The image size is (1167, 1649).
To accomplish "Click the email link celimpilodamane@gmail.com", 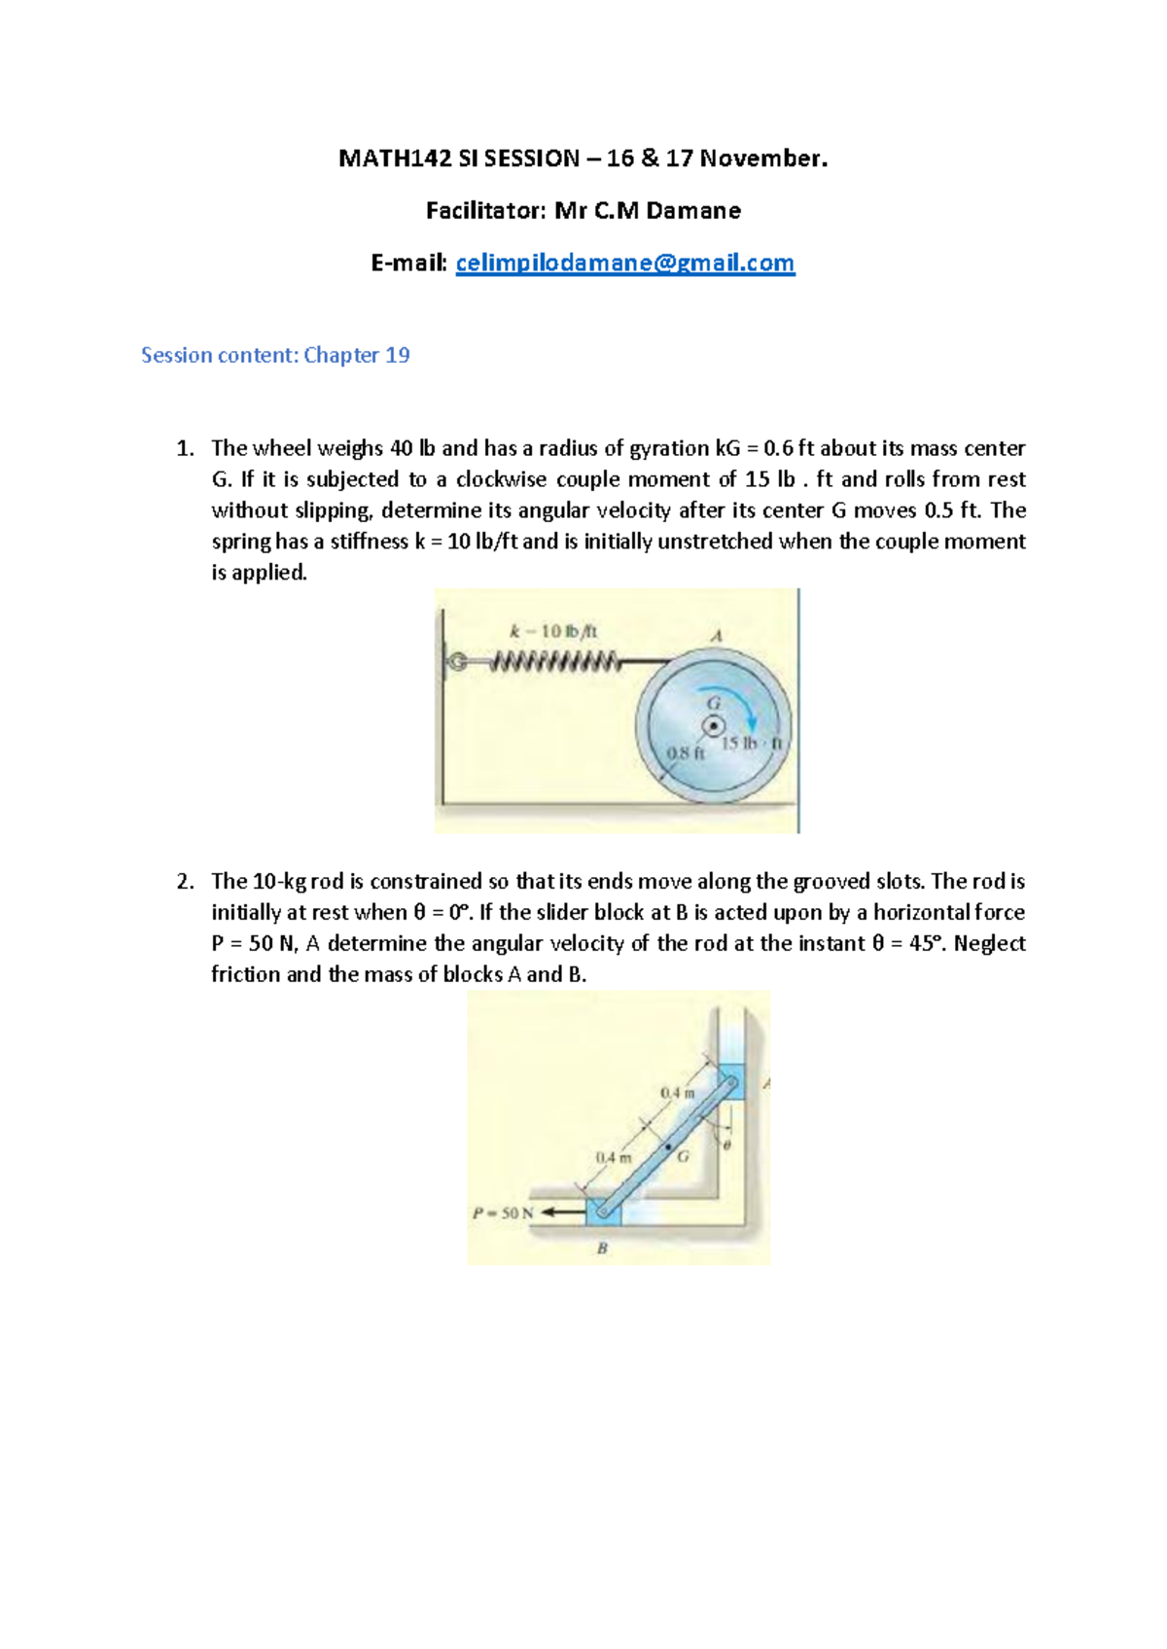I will tap(624, 263).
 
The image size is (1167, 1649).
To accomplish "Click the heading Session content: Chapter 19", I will tap(275, 355).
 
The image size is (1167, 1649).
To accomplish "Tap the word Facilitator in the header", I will tap(485, 211).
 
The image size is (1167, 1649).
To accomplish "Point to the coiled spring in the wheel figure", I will tap(555, 663).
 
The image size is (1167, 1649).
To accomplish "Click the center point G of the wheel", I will tap(713, 725).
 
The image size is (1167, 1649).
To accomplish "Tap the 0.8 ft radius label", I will tap(685, 753).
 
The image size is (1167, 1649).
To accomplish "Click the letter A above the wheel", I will tap(717, 636).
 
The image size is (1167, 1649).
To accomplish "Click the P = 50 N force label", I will tap(503, 1212).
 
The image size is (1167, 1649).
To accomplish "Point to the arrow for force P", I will tap(563, 1212).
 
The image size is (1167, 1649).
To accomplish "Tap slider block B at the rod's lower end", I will tap(604, 1211).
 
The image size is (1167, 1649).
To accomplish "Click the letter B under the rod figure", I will tap(602, 1247).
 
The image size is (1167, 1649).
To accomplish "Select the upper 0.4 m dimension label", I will tap(677, 1093).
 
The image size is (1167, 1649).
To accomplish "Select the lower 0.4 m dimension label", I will tap(613, 1157).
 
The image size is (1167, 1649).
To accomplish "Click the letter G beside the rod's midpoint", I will tap(683, 1156).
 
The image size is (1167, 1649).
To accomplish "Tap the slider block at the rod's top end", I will tap(729, 1082).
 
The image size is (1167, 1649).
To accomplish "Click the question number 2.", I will tap(185, 882).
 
